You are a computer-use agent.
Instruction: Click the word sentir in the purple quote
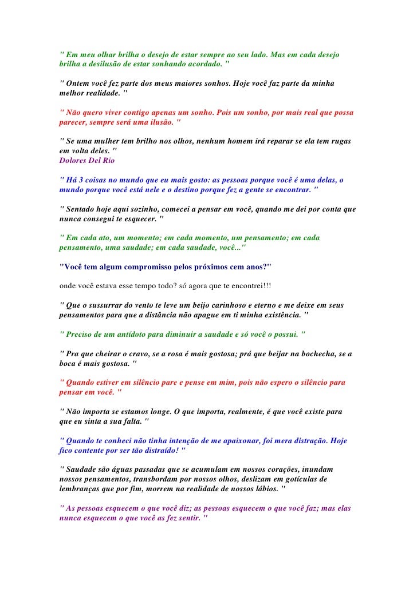pyautogui.click(x=181, y=518)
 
